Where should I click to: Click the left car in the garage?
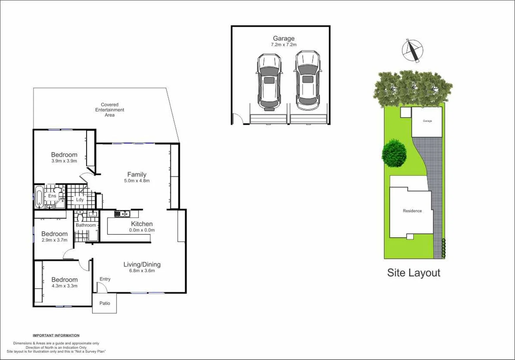[269, 82]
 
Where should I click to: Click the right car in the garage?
[307, 80]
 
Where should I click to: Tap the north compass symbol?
[412, 50]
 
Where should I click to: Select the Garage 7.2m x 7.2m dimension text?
[284, 45]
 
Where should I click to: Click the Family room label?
[137, 175]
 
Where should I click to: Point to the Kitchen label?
[142, 224]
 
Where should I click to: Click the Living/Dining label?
[142, 265]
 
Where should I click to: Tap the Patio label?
[105, 303]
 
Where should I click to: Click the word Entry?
[105, 279]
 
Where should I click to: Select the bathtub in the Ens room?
[39, 197]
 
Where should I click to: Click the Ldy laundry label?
[80, 200]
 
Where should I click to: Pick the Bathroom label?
[86, 225]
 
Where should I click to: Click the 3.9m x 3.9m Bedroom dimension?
[64, 161]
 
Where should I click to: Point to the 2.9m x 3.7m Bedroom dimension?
[54, 240]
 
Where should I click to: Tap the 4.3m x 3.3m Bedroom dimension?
[64, 286]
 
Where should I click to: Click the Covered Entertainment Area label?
[110, 110]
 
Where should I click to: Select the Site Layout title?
[414, 273]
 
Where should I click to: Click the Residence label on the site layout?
[412, 211]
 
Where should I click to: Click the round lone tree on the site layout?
[394, 153]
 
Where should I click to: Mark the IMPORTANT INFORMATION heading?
[56, 336]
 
